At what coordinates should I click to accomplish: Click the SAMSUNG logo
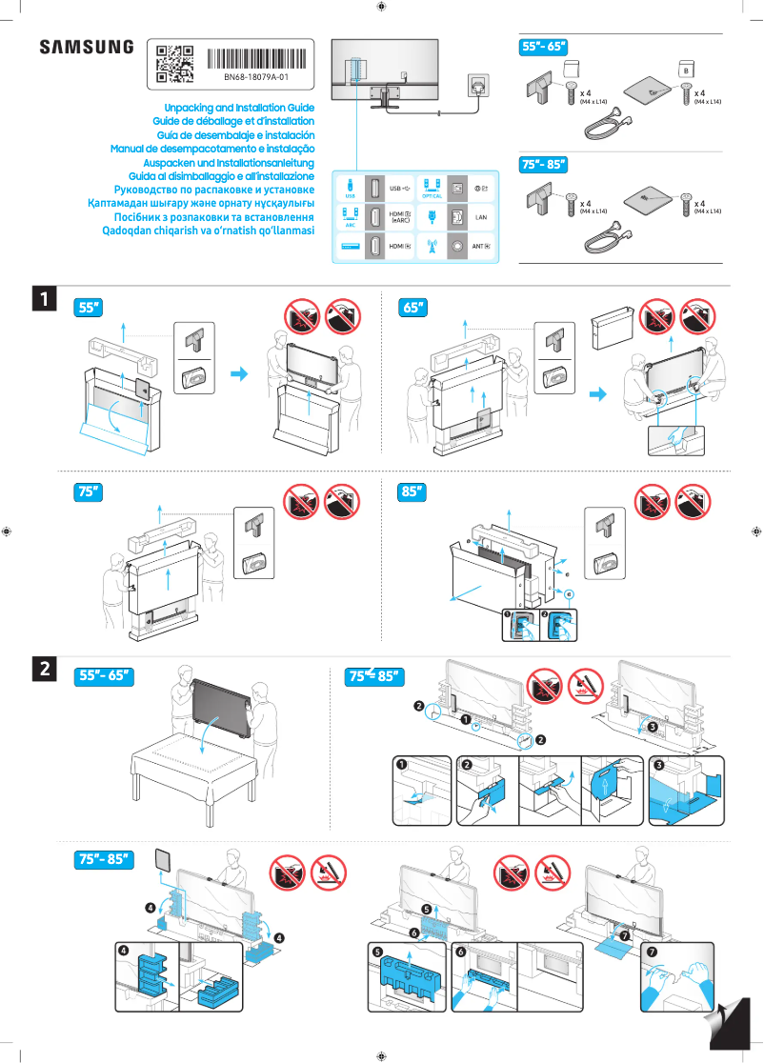pyautogui.click(x=86, y=48)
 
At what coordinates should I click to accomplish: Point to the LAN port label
pyautogui.click(x=481, y=218)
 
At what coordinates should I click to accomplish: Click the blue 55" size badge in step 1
pyautogui.click(x=90, y=308)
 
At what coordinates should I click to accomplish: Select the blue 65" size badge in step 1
pyautogui.click(x=412, y=308)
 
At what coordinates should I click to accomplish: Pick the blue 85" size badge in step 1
pyautogui.click(x=412, y=492)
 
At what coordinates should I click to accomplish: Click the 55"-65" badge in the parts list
pyautogui.click(x=543, y=46)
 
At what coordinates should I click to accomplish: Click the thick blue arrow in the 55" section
pyautogui.click(x=245, y=374)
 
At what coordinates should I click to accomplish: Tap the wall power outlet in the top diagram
pyautogui.click(x=478, y=85)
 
